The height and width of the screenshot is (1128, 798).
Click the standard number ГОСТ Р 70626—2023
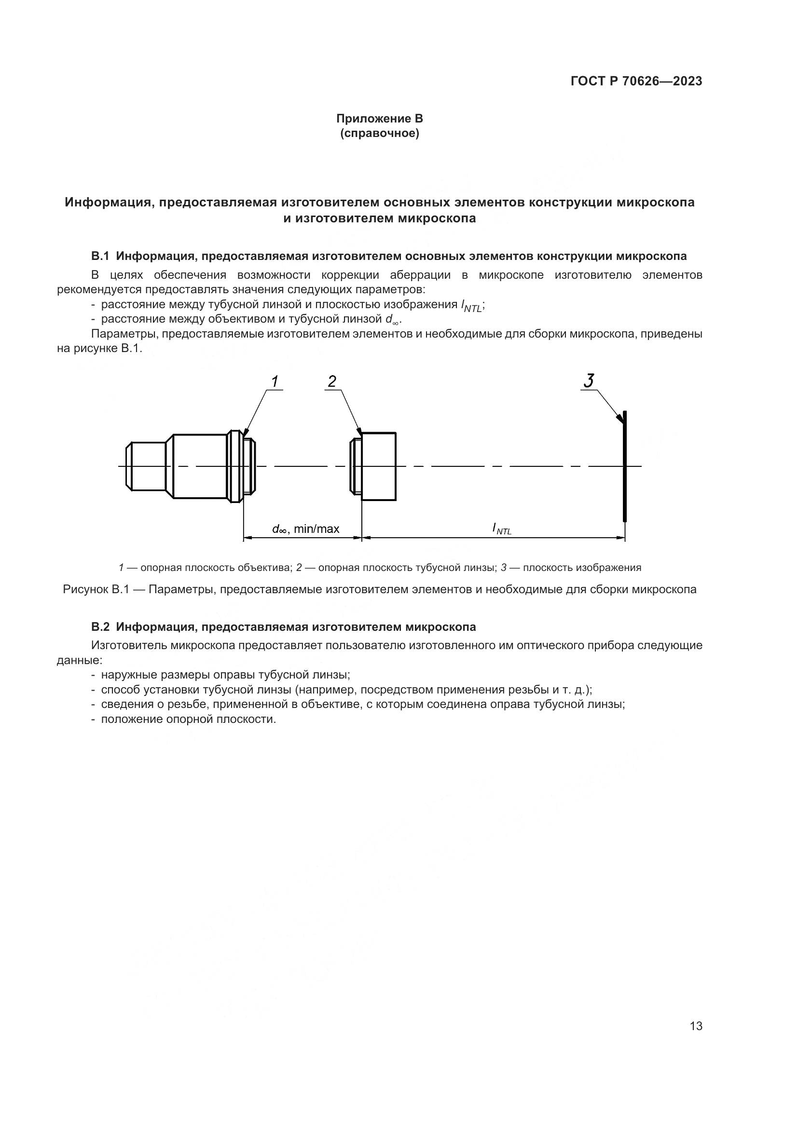(x=636, y=81)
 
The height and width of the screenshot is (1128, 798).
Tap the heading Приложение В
(x=379, y=119)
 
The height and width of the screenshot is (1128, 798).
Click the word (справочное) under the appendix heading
(x=380, y=134)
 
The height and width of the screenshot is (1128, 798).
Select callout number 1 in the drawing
(x=275, y=381)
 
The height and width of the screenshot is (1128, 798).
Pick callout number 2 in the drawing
(x=332, y=381)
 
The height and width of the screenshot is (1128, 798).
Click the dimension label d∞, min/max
(x=305, y=529)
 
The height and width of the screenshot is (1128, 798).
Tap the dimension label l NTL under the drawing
(x=502, y=529)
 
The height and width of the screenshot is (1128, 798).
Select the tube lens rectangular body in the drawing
(x=378, y=466)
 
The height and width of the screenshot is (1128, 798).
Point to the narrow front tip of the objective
(x=145, y=466)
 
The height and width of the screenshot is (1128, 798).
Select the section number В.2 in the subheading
(x=101, y=627)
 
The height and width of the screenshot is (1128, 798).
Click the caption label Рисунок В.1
(x=96, y=589)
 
